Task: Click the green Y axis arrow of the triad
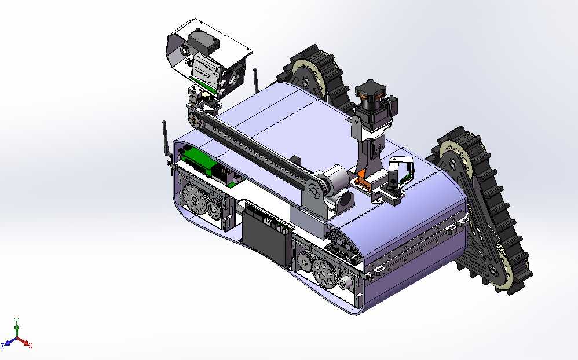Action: [16, 330]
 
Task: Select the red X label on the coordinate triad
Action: [30, 346]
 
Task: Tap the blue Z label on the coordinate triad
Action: [2, 346]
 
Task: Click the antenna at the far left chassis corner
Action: [166, 141]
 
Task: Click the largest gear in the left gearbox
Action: [193, 199]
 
